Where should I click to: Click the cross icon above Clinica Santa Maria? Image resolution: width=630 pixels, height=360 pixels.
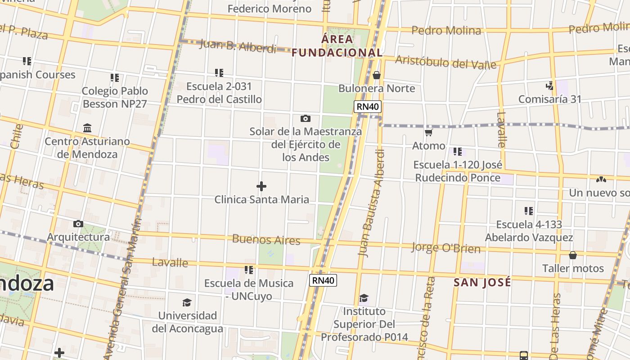coord(261,186)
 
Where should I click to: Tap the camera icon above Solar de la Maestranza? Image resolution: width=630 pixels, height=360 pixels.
coord(305,118)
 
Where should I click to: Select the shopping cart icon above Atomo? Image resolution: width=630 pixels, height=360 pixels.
coord(428,132)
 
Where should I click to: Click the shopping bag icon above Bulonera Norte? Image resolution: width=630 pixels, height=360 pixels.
coord(377,75)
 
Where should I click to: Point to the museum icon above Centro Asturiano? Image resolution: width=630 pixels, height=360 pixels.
coord(87,128)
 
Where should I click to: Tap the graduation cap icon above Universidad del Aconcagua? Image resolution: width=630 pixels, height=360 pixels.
coord(187,302)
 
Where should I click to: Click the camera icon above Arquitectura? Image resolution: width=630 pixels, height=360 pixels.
coord(78,224)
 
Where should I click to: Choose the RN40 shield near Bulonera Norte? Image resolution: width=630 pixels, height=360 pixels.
coord(368,107)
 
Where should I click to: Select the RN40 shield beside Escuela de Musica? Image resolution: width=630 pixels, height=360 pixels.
coord(323,280)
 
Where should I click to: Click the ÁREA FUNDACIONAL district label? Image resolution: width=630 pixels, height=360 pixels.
coord(337,46)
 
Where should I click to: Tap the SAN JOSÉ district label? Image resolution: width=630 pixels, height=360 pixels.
coord(482,283)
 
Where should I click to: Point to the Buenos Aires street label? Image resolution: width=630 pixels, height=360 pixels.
coord(266,239)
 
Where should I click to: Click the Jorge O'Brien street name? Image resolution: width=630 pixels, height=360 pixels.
coord(445,248)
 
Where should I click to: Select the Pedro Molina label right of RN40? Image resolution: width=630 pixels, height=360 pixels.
coord(446,31)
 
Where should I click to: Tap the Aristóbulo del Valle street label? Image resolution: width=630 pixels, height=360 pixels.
coord(445,63)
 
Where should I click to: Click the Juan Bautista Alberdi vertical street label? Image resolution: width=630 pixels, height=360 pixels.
coord(372,202)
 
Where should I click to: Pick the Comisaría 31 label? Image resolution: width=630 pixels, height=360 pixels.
coord(549,99)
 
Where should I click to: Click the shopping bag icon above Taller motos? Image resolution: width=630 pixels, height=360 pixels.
coord(572,255)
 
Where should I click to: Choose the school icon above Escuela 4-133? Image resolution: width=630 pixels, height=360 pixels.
coord(529,211)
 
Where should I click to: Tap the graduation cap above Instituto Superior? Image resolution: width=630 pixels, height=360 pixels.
coord(364,298)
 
